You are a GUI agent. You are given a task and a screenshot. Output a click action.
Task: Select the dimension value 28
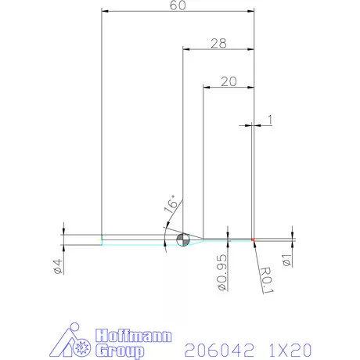(x=218, y=44)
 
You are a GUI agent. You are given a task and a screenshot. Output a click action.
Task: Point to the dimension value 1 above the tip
(x=270, y=120)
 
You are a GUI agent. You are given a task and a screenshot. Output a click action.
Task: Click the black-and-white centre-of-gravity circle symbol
(x=183, y=239)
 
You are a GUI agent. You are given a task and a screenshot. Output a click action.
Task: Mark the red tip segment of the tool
(x=253, y=239)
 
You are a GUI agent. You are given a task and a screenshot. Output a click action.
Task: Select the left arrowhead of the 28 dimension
(x=186, y=49)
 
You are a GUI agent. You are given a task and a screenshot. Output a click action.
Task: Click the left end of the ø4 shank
(x=103, y=239)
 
